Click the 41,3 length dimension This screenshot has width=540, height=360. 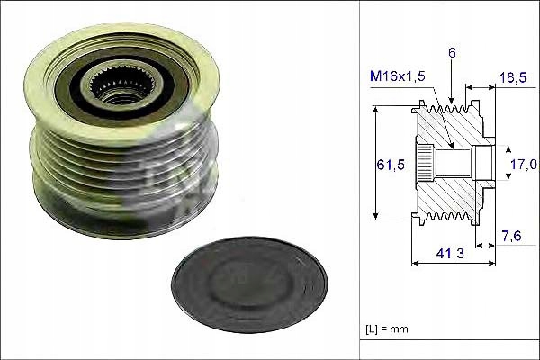tap(443, 256)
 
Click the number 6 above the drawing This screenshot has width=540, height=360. tap(453, 53)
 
